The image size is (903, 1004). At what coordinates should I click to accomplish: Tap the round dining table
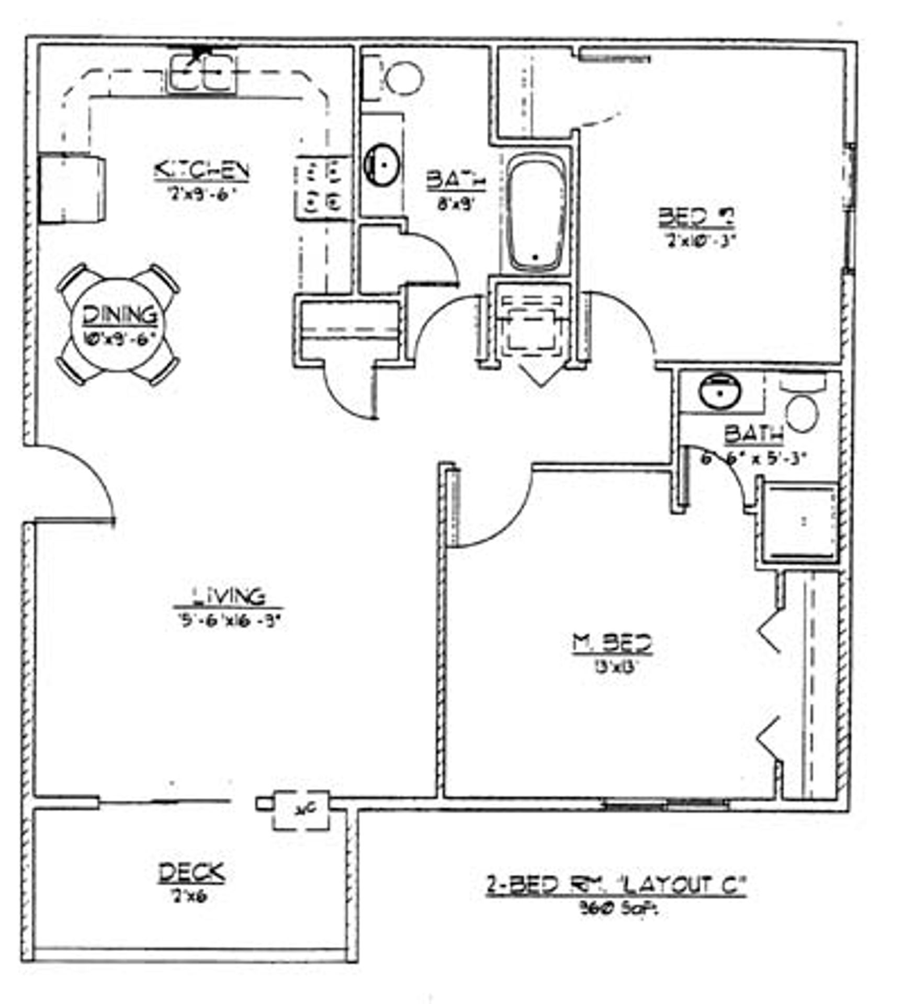[x=119, y=325]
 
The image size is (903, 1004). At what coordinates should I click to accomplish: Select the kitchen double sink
[x=202, y=74]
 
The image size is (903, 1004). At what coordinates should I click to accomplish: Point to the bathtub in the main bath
[x=537, y=214]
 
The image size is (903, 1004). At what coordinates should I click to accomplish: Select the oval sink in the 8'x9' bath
[x=382, y=165]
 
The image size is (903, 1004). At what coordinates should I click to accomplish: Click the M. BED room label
[x=613, y=644]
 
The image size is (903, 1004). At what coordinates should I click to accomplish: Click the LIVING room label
[x=229, y=597]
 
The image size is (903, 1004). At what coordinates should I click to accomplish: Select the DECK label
[x=192, y=873]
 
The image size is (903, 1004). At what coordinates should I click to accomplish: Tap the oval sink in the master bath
[x=721, y=391]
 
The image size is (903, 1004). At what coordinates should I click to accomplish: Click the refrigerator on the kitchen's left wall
[x=72, y=189]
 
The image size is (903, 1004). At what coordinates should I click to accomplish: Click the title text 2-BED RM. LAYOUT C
[x=616, y=887]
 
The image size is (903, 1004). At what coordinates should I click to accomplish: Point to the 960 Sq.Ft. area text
[x=618, y=909]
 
